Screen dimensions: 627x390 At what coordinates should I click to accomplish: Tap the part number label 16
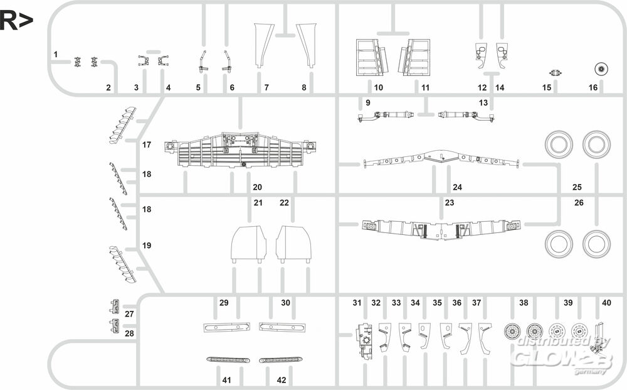click(593, 87)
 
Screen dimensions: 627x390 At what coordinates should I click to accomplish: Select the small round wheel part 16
click(601, 69)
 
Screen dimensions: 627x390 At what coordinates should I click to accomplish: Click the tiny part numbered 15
click(555, 73)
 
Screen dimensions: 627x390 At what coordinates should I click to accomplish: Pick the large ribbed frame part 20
click(241, 150)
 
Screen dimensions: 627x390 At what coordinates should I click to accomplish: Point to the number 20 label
click(257, 187)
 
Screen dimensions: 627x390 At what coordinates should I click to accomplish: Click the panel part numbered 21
click(249, 244)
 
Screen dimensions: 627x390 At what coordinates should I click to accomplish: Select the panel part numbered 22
click(293, 244)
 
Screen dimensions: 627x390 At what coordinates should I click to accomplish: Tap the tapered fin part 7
click(263, 45)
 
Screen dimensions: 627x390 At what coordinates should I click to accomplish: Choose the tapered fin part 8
click(306, 45)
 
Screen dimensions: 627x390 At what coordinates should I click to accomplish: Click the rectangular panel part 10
click(372, 57)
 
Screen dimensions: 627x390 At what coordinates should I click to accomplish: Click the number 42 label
click(282, 379)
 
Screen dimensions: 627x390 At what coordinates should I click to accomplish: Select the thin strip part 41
click(228, 360)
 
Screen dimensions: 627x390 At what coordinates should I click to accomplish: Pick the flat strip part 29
click(227, 327)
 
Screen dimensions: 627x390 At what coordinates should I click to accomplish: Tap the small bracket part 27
click(115, 306)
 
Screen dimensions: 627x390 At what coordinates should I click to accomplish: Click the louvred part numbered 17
click(122, 125)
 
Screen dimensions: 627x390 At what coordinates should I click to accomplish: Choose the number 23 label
click(450, 203)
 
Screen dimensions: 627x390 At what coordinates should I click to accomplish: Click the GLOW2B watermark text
click(562, 357)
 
